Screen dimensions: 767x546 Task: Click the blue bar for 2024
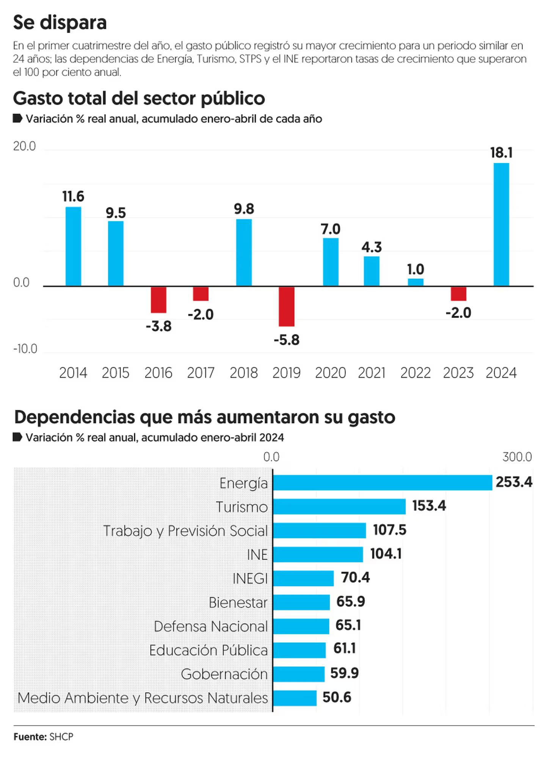click(501, 224)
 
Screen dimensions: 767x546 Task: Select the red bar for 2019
click(286, 306)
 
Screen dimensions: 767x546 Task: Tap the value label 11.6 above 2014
click(73, 196)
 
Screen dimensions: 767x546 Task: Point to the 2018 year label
click(243, 373)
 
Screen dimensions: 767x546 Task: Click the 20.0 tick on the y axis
click(24, 146)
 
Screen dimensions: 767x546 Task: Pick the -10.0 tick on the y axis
click(25, 349)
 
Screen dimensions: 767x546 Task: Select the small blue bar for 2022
click(416, 282)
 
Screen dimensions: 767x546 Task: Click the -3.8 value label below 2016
click(158, 326)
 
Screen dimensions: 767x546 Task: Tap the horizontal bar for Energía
click(382, 483)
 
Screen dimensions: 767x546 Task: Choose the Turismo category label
click(242, 507)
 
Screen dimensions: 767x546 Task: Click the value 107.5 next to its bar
click(389, 530)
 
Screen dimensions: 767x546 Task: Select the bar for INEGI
click(303, 579)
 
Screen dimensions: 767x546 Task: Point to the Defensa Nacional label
click(211, 626)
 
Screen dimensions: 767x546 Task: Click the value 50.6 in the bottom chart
click(337, 697)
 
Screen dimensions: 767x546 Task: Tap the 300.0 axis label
click(517, 457)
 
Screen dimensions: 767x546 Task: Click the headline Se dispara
click(60, 22)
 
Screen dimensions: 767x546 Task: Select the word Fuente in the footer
click(30, 737)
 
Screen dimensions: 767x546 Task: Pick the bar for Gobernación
click(299, 674)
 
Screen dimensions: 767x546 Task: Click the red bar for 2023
click(458, 294)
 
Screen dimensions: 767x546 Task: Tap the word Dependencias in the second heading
click(74, 417)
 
